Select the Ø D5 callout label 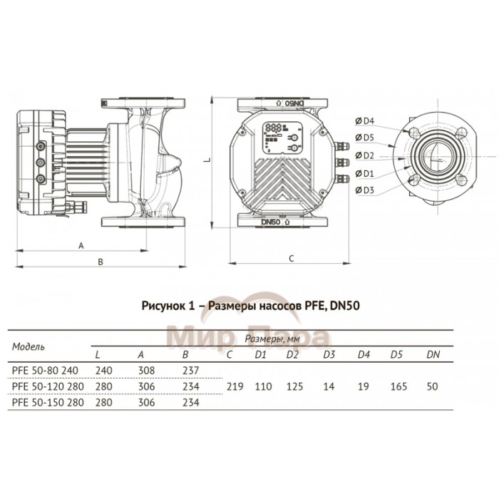pos(368,137)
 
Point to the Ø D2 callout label pos(368,155)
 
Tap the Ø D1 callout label pos(368,173)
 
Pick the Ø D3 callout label pos(368,190)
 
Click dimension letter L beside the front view pos(205,163)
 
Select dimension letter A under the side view pos(81,245)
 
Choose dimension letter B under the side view pos(101,262)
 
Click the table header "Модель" pos(29,346)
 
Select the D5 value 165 pos(399,386)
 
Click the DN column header pos(433,354)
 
